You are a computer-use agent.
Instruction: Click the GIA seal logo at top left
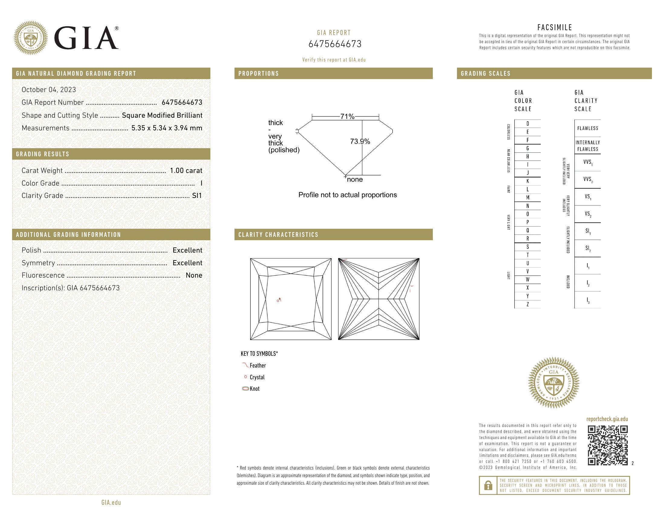[31, 38]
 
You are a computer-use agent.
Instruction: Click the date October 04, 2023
[49, 90]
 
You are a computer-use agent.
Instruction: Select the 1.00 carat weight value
[186, 170]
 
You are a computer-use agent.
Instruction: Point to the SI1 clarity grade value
[197, 196]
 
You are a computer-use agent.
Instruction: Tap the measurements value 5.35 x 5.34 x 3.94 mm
[167, 128]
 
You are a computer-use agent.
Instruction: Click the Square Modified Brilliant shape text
[162, 115]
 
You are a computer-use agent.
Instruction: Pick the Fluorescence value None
[194, 275]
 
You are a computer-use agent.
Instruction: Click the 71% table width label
[347, 116]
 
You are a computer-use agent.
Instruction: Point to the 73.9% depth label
[360, 141]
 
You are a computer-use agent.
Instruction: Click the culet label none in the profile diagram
[355, 179]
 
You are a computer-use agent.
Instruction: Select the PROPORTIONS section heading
[258, 74]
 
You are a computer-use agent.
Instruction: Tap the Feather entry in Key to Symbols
[257, 366]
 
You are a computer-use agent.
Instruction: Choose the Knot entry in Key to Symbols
[254, 389]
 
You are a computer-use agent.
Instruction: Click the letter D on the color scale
[528, 123]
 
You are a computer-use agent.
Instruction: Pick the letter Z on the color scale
[528, 304]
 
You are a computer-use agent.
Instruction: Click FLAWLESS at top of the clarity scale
[587, 128]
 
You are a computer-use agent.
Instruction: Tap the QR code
[608, 445]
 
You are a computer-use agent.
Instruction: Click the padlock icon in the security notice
[488, 485]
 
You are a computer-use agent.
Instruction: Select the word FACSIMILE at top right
[554, 27]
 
